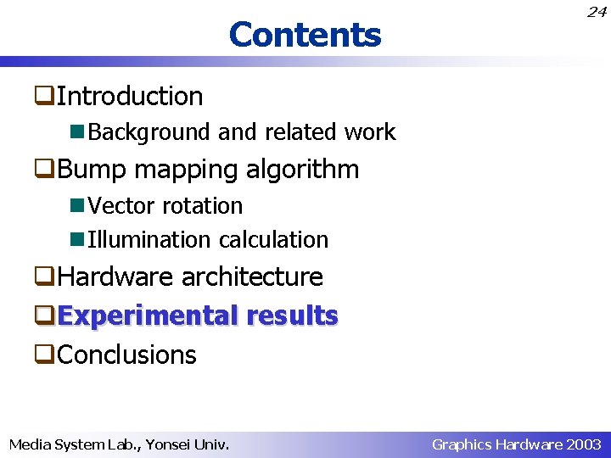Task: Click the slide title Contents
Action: pyautogui.click(x=305, y=35)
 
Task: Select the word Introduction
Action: pyautogui.click(x=130, y=96)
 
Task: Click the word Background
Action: pyautogui.click(x=149, y=132)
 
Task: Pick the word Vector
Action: pyautogui.click(x=122, y=206)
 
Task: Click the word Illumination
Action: pyautogui.click(x=149, y=240)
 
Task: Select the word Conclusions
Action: pyautogui.click(x=126, y=355)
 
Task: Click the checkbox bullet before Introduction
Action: pyautogui.click(x=45, y=97)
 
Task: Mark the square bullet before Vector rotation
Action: pyautogui.click(x=78, y=206)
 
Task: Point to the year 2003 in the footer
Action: pyautogui.click(x=584, y=444)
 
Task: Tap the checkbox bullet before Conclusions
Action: pyautogui.click(x=45, y=355)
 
